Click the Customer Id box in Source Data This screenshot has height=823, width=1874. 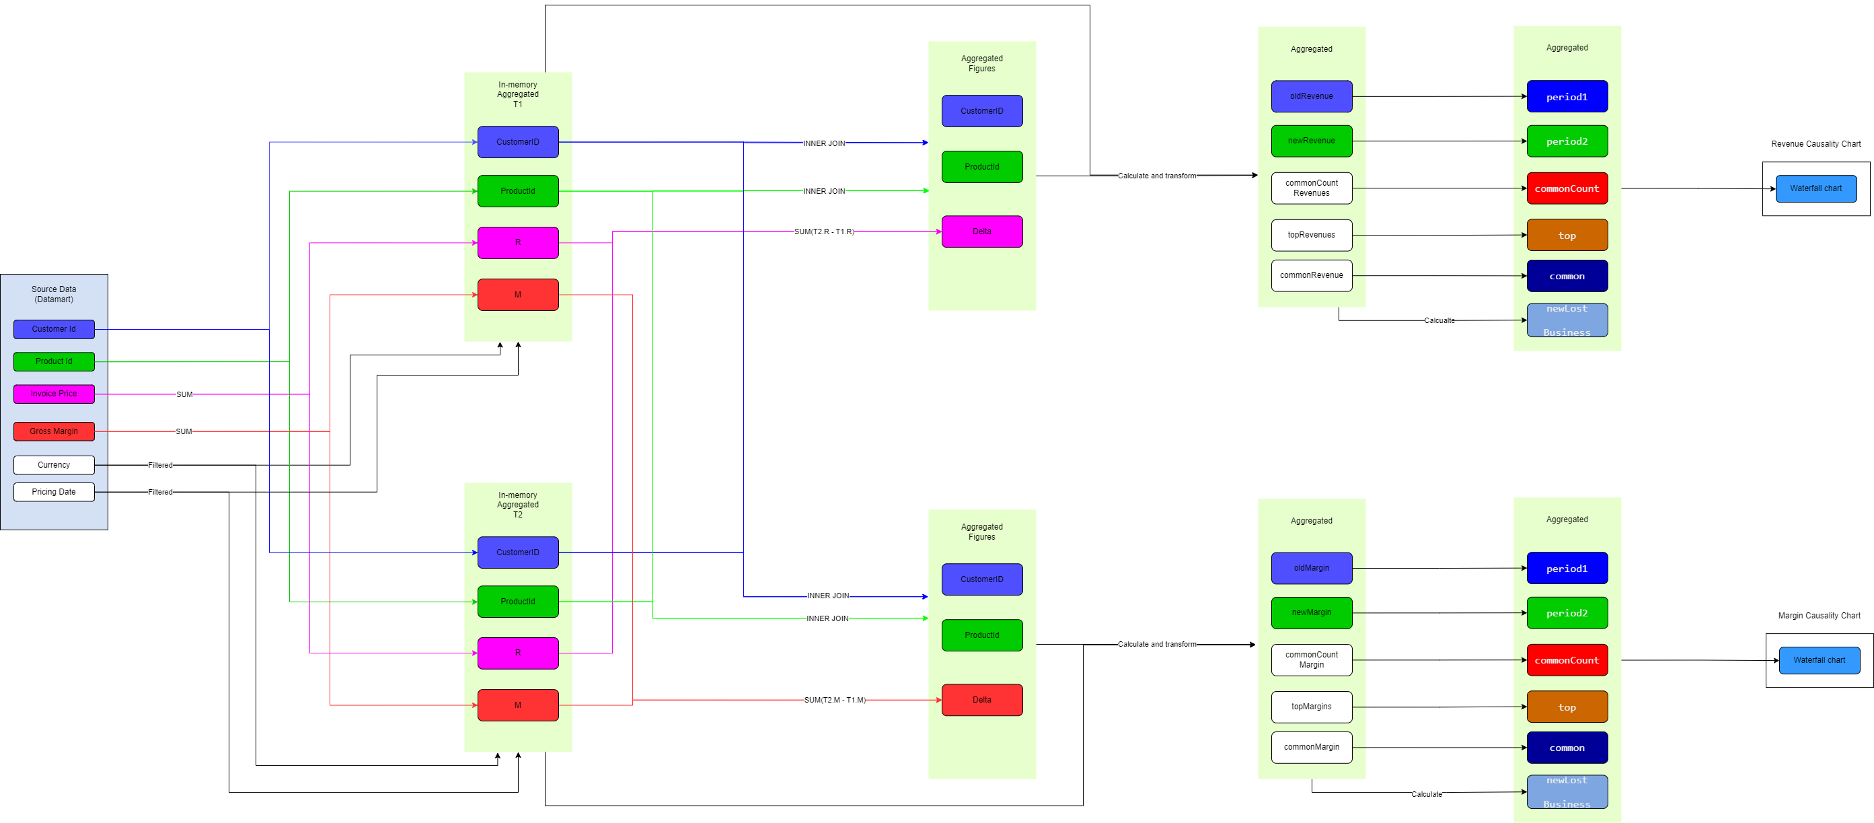(54, 329)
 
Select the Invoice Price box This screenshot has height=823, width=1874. (54, 394)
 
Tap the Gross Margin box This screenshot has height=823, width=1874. (54, 431)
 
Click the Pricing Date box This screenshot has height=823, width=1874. (54, 492)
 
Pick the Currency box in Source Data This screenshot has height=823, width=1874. (54, 465)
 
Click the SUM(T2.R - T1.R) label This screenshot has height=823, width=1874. (823, 231)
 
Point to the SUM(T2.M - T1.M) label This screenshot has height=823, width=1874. (835, 700)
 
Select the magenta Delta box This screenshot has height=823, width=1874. (981, 231)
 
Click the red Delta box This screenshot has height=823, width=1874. (981, 700)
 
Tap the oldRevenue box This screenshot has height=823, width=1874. (1311, 96)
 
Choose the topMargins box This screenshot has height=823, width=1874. (1311, 707)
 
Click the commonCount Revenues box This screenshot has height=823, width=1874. (1311, 188)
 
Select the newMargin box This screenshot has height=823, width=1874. (1311, 612)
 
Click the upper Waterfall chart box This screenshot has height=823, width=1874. (1815, 188)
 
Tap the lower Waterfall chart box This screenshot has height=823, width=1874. (1819, 660)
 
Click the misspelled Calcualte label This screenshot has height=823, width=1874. (1439, 320)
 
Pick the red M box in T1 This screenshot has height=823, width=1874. (517, 295)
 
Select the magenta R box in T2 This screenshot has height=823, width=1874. (517, 653)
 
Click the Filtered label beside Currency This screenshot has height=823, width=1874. (160, 465)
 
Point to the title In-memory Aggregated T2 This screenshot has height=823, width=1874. (517, 504)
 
